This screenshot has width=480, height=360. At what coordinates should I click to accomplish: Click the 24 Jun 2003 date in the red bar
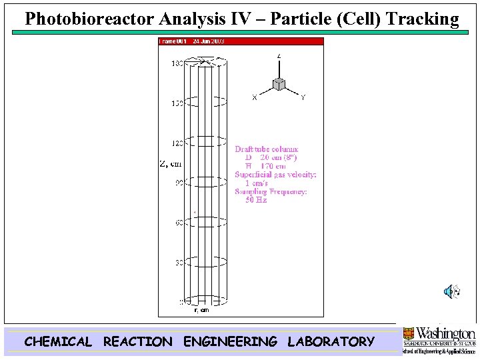(209, 41)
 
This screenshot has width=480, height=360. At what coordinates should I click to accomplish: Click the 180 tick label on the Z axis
(177, 63)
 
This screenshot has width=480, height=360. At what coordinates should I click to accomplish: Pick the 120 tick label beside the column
(177, 143)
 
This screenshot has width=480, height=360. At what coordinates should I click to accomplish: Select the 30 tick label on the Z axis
(179, 263)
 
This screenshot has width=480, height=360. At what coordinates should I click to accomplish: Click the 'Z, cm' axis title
(170, 163)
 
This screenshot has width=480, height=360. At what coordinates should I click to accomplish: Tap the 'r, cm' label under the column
(201, 310)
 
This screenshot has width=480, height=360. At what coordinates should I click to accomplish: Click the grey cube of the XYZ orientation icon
(279, 84)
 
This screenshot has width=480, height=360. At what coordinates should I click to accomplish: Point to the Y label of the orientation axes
(303, 98)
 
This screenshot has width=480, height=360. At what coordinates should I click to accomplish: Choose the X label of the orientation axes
(255, 98)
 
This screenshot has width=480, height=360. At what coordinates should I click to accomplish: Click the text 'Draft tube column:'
(267, 149)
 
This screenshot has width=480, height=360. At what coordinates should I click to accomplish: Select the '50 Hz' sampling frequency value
(256, 200)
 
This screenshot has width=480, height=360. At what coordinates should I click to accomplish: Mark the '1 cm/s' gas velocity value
(256, 183)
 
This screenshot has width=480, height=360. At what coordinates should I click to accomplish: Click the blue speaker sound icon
(452, 291)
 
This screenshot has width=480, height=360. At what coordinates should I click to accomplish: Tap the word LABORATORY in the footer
(331, 342)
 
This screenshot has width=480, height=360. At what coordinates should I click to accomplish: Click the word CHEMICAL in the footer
(58, 342)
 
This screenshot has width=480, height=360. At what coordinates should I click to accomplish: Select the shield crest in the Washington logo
(408, 334)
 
